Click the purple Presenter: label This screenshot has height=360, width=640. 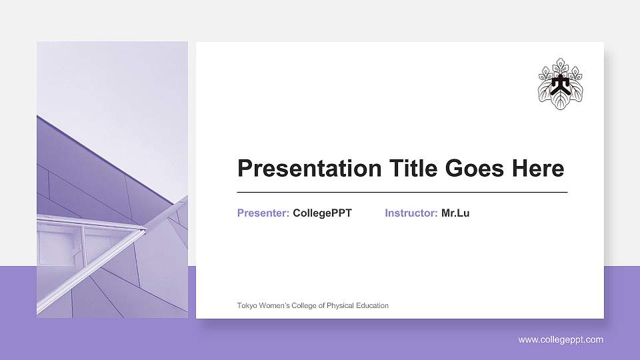point(263,213)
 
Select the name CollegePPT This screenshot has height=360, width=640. point(322,213)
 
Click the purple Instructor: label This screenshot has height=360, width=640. point(411,213)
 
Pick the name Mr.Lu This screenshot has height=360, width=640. point(455,213)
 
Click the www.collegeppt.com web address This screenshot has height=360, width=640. point(561,340)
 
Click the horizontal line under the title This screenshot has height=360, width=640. point(402,192)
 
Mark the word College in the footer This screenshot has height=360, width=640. point(301,306)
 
